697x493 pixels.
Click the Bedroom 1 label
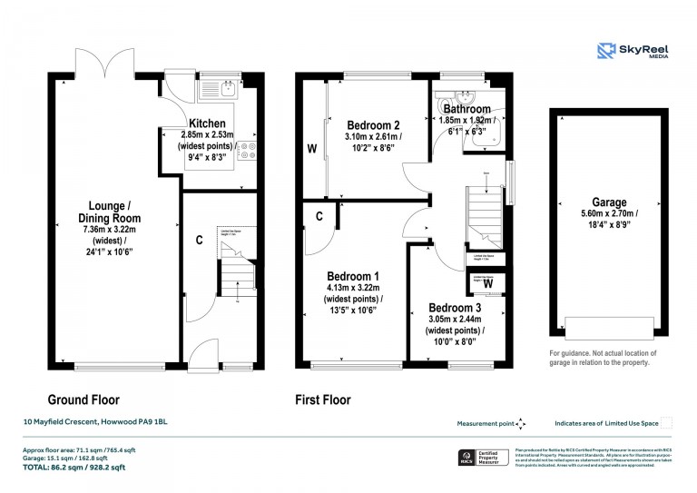[x=353, y=276]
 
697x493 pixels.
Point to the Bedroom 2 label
[x=373, y=125]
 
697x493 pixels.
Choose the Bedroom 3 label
[x=455, y=308]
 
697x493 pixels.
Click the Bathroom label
[x=467, y=109]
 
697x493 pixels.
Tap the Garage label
[x=609, y=202]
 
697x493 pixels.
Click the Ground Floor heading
[x=83, y=399]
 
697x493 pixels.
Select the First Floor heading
[x=323, y=399]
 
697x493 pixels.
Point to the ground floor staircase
[x=234, y=272]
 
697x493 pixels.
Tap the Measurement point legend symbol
[x=520, y=424]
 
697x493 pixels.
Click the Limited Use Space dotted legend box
[x=667, y=423]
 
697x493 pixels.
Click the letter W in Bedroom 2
[x=311, y=148]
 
